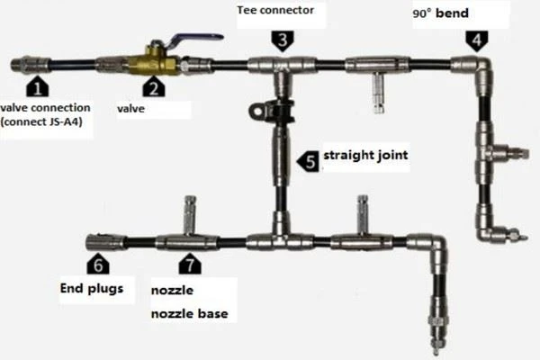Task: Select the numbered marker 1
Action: pos(38,86)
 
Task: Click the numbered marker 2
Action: pos(154,86)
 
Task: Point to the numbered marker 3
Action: pos(283,40)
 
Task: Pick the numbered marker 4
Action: pos(477,40)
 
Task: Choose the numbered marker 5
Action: pos(309,161)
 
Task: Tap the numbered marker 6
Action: pos(98,265)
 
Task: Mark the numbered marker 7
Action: pos(190,265)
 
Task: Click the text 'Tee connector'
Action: pos(275,10)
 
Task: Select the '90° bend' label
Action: pos(440,13)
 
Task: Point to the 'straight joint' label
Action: pos(365,156)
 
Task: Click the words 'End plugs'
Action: pos(92,288)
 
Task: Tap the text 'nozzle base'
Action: pos(189,313)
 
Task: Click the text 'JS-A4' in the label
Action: pos(63,121)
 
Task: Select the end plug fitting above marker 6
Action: pos(104,242)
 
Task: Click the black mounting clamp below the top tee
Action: pos(272,111)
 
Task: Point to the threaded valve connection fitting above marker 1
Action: pos(31,65)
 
